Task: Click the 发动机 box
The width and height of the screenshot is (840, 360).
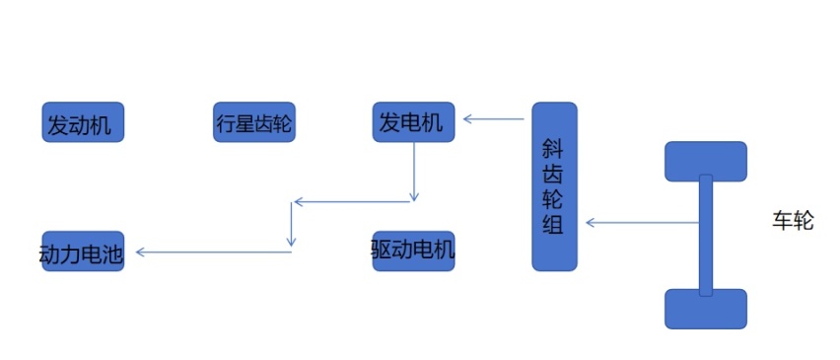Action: (x=84, y=122)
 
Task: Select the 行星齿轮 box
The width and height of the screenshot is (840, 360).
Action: (x=254, y=122)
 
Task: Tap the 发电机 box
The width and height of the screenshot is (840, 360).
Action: (x=413, y=121)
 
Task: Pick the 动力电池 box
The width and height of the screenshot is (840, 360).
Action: (x=82, y=252)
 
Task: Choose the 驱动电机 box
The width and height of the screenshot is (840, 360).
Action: (x=413, y=251)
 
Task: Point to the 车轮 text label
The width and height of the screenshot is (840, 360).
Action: (x=792, y=220)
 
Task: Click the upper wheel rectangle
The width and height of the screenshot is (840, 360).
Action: (x=706, y=161)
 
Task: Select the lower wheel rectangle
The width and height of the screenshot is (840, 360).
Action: (x=706, y=309)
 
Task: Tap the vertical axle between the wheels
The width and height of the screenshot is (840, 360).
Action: (x=706, y=235)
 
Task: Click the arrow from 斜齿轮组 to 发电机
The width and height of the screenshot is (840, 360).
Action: (x=493, y=120)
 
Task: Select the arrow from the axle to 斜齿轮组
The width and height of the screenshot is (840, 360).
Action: (x=641, y=223)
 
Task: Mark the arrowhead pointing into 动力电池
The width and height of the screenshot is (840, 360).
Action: (x=141, y=252)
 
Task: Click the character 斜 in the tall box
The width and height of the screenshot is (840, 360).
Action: (x=554, y=148)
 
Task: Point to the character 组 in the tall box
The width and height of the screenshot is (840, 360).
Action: (x=554, y=224)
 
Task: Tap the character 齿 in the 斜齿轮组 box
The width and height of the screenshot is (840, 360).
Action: (x=554, y=174)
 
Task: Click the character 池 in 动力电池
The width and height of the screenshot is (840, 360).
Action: (x=112, y=253)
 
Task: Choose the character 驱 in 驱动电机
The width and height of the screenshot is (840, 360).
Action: (x=383, y=251)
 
